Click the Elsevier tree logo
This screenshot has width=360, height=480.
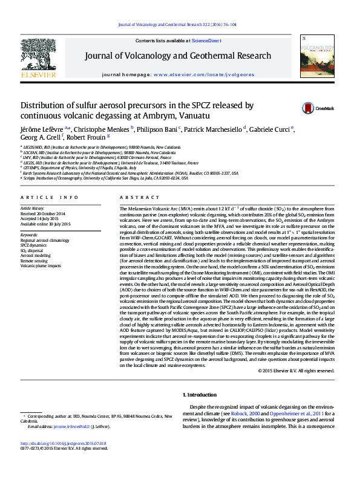(x=39, y=56)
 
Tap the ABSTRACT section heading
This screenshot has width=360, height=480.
(x=131, y=198)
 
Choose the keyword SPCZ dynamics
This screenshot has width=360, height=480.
(x=34, y=244)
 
